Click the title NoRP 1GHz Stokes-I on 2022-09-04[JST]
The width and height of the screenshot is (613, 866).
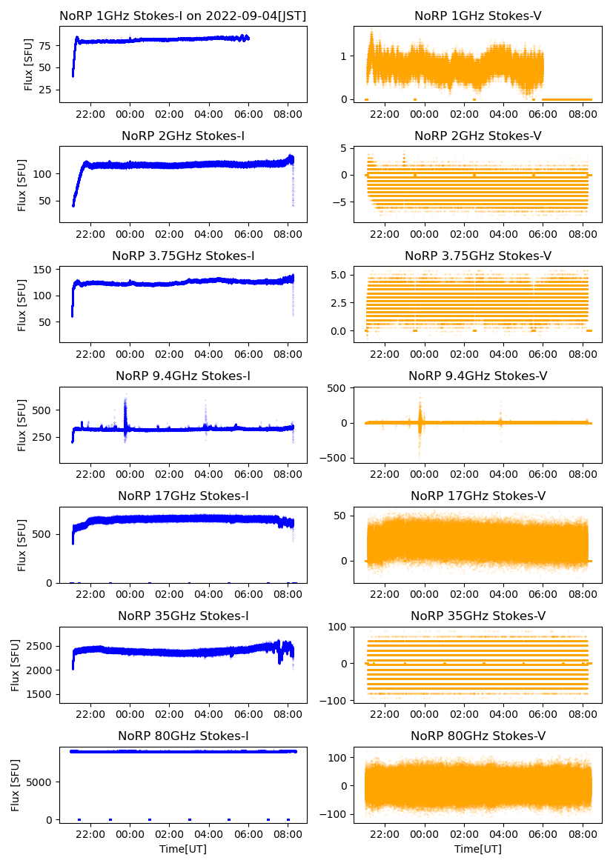(183, 16)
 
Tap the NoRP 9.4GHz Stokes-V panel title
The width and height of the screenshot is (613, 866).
(478, 376)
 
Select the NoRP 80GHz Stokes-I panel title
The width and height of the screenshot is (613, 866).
(183, 736)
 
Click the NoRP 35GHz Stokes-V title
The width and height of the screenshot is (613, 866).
(478, 616)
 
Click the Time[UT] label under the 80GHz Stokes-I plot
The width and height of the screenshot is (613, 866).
(183, 849)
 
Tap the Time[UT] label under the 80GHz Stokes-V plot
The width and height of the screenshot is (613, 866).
(478, 849)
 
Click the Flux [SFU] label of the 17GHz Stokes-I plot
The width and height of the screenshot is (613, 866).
(22, 544)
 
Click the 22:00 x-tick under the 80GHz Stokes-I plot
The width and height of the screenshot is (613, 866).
(90, 835)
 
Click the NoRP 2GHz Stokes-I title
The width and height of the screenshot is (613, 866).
(183, 136)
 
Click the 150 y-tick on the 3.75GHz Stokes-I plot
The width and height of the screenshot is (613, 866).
(42, 270)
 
